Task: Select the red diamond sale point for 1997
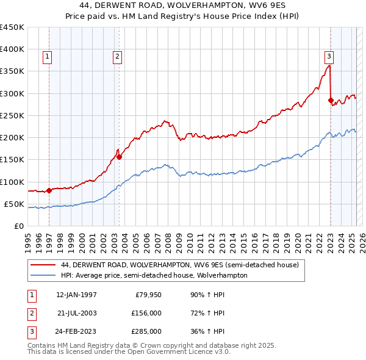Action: [49, 190]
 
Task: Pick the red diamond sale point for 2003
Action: [119, 157]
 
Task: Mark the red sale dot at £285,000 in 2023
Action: [331, 100]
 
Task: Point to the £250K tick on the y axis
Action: [12, 115]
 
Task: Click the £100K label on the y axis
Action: [12, 182]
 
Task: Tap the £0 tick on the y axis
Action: [18, 226]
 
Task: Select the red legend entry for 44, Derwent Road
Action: [179, 265]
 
